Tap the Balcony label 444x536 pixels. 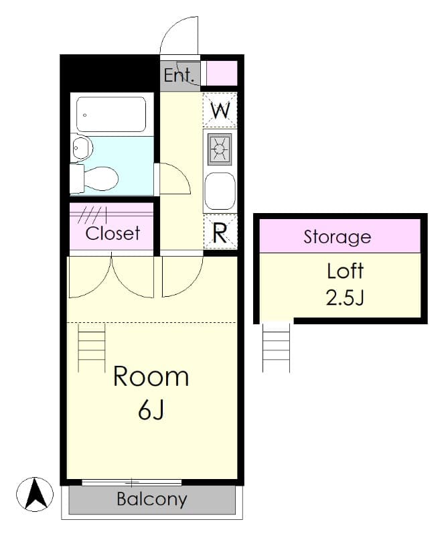click(151, 499)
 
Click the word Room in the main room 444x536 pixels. click(151, 377)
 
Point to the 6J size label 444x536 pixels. click(151, 410)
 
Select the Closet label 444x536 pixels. click(113, 233)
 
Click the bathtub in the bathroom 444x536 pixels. click(111, 115)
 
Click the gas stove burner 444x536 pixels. click(220, 149)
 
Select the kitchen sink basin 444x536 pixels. click(220, 191)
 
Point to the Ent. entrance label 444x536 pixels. click(179, 74)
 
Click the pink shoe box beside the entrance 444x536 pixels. click(221, 72)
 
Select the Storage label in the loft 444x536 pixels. click(337, 237)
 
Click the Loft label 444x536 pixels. click(345, 271)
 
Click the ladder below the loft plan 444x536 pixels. click(276, 347)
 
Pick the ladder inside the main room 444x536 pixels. click(91, 347)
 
